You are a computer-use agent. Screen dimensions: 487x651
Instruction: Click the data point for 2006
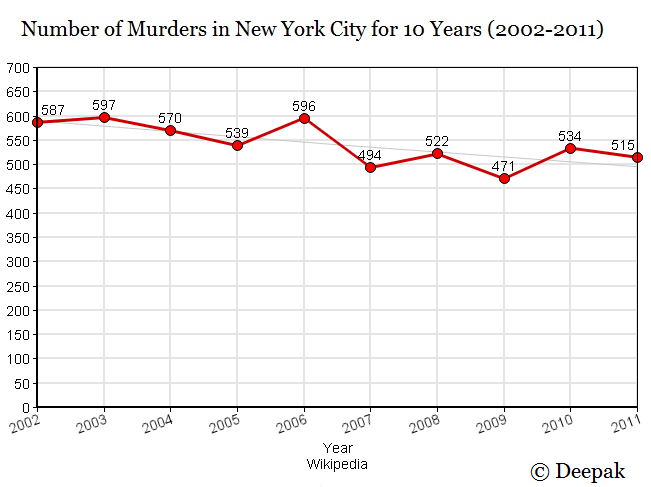coord(304,118)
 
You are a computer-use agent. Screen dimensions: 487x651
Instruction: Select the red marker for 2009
coord(504,178)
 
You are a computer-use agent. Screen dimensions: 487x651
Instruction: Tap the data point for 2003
coord(104,117)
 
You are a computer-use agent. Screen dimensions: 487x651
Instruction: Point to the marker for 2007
coord(370,167)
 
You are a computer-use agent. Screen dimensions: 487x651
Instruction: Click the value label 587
coord(52,110)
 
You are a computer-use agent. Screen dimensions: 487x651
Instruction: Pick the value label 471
coord(504,165)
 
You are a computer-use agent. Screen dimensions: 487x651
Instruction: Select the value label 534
coord(570,135)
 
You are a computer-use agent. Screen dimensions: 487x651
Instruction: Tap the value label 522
coord(437,141)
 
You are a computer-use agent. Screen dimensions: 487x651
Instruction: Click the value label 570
coord(171,118)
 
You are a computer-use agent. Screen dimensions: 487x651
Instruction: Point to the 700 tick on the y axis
coord(18,68)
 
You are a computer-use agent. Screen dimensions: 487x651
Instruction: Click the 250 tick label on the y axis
coord(18,286)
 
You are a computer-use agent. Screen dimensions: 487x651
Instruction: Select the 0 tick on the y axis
coord(26,407)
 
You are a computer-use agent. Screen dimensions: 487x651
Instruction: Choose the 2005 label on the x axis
coord(226,424)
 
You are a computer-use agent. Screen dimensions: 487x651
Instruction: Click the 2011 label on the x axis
coord(625,424)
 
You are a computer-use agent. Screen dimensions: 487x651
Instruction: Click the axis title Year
coord(337,448)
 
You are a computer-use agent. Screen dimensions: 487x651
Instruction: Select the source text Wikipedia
coord(337,464)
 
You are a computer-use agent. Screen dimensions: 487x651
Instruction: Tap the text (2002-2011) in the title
coord(545,29)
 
